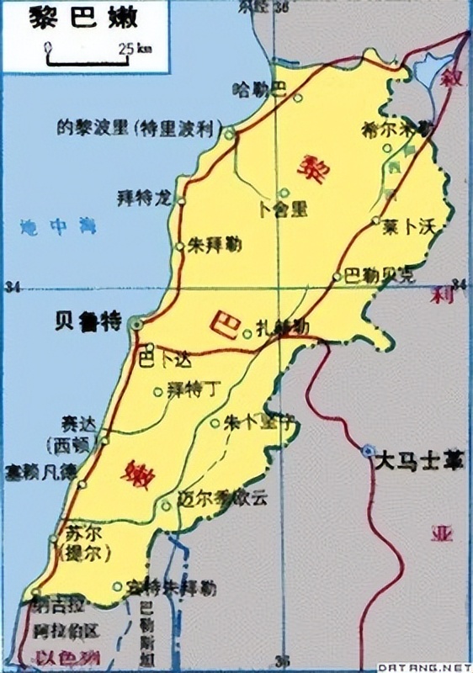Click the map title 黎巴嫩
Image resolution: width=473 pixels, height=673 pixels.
pyautogui.click(x=77, y=18)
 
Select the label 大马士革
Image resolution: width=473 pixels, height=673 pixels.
pyautogui.click(x=419, y=460)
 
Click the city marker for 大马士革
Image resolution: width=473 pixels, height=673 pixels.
pyautogui.click(x=367, y=452)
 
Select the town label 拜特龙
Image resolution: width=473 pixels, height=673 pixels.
pyautogui.click(x=142, y=199)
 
